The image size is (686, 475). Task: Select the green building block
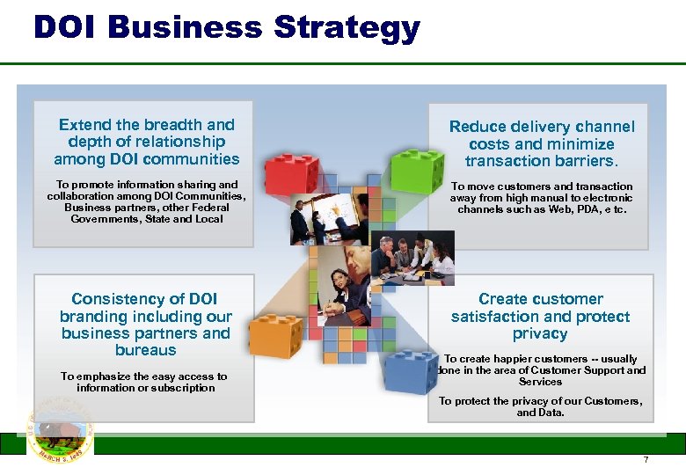tap(417, 167)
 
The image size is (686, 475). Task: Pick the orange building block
tap(274, 334)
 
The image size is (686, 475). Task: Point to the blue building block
tap(409, 374)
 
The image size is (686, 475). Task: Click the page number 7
tap(646, 460)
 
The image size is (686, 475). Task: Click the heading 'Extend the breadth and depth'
tap(146, 142)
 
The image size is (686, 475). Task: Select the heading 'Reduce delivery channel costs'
tap(541, 144)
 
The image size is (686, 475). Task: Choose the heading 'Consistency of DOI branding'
tap(146, 325)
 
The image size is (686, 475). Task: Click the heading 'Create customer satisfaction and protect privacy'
tap(540, 317)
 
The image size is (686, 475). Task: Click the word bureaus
tap(146, 350)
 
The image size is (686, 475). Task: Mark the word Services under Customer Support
tap(540, 382)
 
